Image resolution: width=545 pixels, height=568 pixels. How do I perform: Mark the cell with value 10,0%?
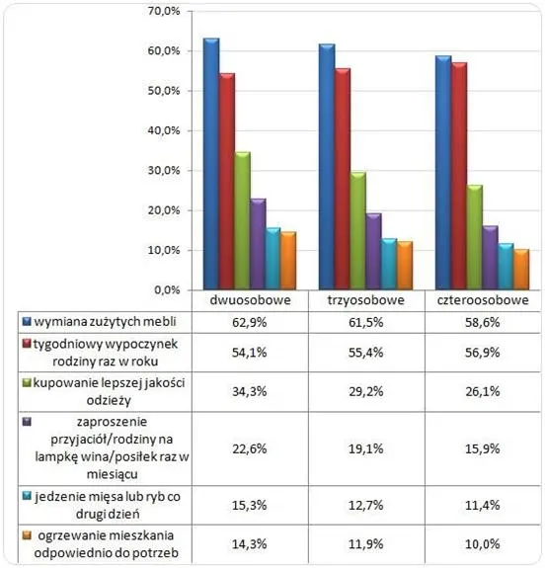pos(479,544)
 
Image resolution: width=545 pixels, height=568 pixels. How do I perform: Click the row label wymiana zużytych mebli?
pos(104,322)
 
